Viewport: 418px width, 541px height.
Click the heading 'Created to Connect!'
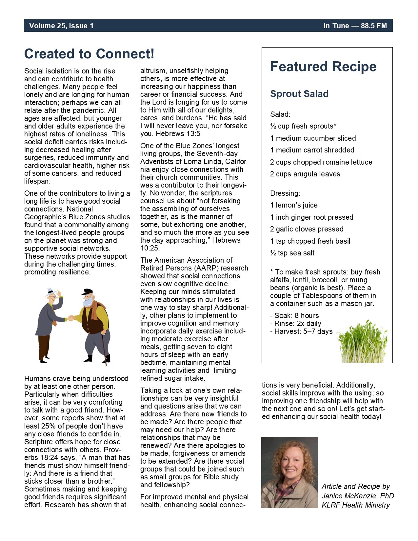pyautogui.click(x=89, y=54)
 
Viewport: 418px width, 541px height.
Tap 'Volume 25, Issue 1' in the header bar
pyautogui.click(x=61, y=26)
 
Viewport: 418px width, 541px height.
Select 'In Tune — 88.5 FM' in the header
pyautogui.click(x=355, y=26)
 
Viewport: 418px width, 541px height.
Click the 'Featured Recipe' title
pyautogui.click(x=323, y=67)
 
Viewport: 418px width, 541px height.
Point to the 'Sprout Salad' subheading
pyautogui.click(x=299, y=94)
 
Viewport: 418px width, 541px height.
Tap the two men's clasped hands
pyautogui.click(x=70, y=317)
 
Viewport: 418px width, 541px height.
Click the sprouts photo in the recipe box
pyautogui.click(x=362, y=343)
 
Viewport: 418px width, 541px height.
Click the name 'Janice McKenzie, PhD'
pyautogui.click(x=358, y=496)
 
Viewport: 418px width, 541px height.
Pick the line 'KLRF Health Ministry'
pyautogui.click(x=356, y=505)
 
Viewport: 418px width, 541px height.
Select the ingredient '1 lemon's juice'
pyautogui.click(x=294, y=205)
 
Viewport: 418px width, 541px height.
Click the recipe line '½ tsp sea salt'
pyautogui.click(x=292, y=253)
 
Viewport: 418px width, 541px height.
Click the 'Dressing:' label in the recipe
pyautogui.click(x=285, y=193)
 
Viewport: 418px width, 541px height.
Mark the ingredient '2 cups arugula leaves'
pyautogui.click(x=305, y=174)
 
